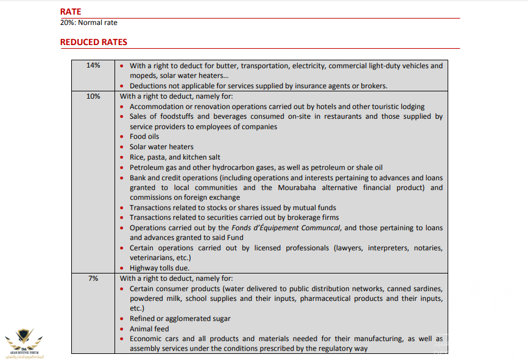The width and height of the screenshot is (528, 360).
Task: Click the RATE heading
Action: click(x=71, y=12)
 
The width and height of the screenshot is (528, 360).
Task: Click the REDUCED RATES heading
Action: click(x=93, y=42)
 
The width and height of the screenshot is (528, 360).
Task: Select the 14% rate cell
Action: click(x=93, y=65)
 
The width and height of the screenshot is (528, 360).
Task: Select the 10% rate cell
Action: click(x=93, y=96)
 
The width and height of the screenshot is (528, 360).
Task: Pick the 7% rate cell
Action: click(x=93, y=278)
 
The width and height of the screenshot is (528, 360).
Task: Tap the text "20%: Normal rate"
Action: click(x=88, y=23)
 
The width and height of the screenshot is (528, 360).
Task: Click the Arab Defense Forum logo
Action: click(x=24, y=341)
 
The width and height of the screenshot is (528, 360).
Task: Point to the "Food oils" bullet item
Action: click(x=144, y=136)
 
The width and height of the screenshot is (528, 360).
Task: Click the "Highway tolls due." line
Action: click(x=160, y=267)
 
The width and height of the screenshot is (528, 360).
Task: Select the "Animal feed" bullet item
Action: click(x=149, y=329)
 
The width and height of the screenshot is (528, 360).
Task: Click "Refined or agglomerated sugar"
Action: click(x=180, y=319)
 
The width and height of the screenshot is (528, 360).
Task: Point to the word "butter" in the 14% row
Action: click(x=252, y=66)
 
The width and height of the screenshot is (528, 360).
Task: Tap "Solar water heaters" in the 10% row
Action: click(x=161, y=147)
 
